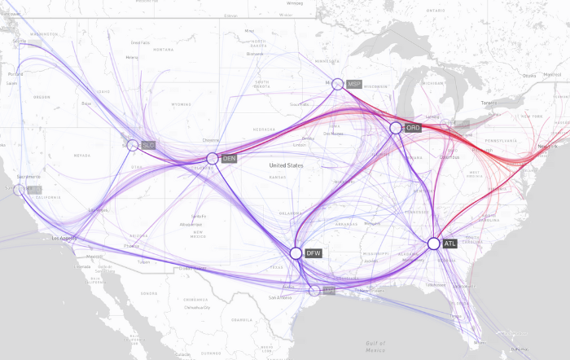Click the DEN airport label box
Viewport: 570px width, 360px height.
pyautogui.click(x=229, y=159)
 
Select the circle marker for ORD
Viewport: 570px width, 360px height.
pyautogui.click(x=396, y=128)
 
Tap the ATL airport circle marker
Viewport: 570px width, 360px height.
pyautogui.click(x=434, y=243)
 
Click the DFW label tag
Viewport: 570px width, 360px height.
pyautogui.click(x=313, y=253)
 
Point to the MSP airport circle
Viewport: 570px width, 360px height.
pyautogui.click(x=337, y=84)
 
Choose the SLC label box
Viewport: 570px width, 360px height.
pyautogui.click(x=148, y=145)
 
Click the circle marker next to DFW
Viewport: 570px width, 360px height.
pyautogui.click(x=296, y=253)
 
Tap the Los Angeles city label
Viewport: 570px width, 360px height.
pyautogui.click(x=64, y=239)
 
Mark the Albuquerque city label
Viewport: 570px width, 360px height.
pyautogui.click(x=191, y=223)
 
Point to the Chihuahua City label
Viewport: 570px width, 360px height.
pyautogui.click(x=199, y=307)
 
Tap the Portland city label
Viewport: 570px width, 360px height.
pyautogui.click(x=16, y=73)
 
